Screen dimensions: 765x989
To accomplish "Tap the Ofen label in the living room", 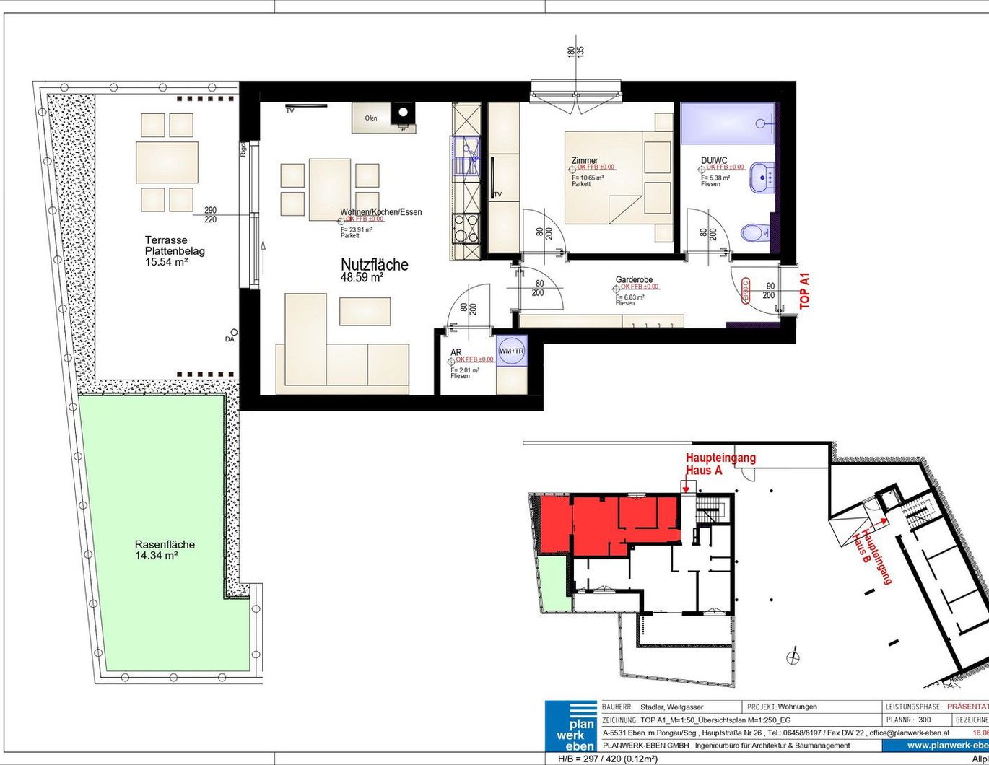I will [x=371, y=118].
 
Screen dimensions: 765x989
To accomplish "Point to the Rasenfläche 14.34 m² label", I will [x=165, y=550].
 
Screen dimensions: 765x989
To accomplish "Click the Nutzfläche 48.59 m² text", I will [x=374, y=269].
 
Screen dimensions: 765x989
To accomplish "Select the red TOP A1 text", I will [x=806, y=291].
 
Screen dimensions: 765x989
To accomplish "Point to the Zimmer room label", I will [x=584, y=160].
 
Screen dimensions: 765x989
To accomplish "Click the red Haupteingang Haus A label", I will [x=720, y=463].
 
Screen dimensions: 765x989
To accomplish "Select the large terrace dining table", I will [x=167, y=162].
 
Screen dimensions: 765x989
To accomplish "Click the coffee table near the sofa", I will [x=365, y=311].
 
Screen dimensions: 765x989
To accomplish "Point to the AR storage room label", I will [x=456, y=352].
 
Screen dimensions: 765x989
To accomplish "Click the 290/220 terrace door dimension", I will [x=210, y=214].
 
